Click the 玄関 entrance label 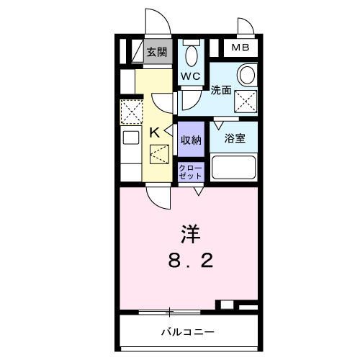click(x=156, y=53)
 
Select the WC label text click(x=190, y=76)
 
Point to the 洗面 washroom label click(x=220, y=91)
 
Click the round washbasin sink click(x=247, y=76)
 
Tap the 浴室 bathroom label click(x=235, y=138)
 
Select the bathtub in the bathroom click(x=235, y=168)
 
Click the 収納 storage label click(x=191, y=140)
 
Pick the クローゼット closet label click(x=191, y=171)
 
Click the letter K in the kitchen click(x=154, y=132)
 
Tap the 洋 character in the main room click(x=189, y=234)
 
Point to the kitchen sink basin click(x=131, y=138)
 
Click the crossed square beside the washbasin click(x=247, y=102)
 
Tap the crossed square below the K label click(x=159, y=153)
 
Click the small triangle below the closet click(x=197, y=189)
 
